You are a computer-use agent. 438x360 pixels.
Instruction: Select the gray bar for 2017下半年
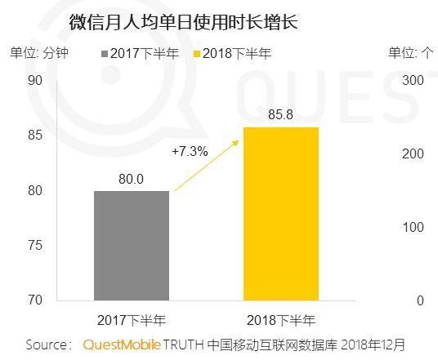tap(132, 245)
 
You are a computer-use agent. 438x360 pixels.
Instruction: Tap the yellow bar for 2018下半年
tap(280, 214)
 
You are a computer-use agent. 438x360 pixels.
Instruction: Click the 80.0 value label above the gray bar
tap(131, 179)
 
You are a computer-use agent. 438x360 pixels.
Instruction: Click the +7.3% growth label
tap(190, 151)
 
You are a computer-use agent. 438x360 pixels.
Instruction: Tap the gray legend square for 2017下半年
tap(105, 54)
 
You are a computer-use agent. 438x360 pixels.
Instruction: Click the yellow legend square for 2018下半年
tap(196, 54)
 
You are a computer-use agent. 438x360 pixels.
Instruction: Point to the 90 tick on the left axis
tap(34, 80)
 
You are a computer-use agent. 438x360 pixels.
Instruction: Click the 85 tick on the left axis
tap(34, 136)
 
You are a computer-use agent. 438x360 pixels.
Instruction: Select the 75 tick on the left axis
tap(34, 246)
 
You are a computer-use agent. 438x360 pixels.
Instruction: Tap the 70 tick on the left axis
tap(34, 300)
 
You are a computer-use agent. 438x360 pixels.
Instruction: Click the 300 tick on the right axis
tap(413, 80)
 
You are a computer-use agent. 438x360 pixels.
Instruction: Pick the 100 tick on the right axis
tap(413, 227)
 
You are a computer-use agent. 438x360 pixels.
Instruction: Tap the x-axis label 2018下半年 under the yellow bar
tap(280, 319)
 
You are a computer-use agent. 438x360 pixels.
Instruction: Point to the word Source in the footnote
tap(47, 344)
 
